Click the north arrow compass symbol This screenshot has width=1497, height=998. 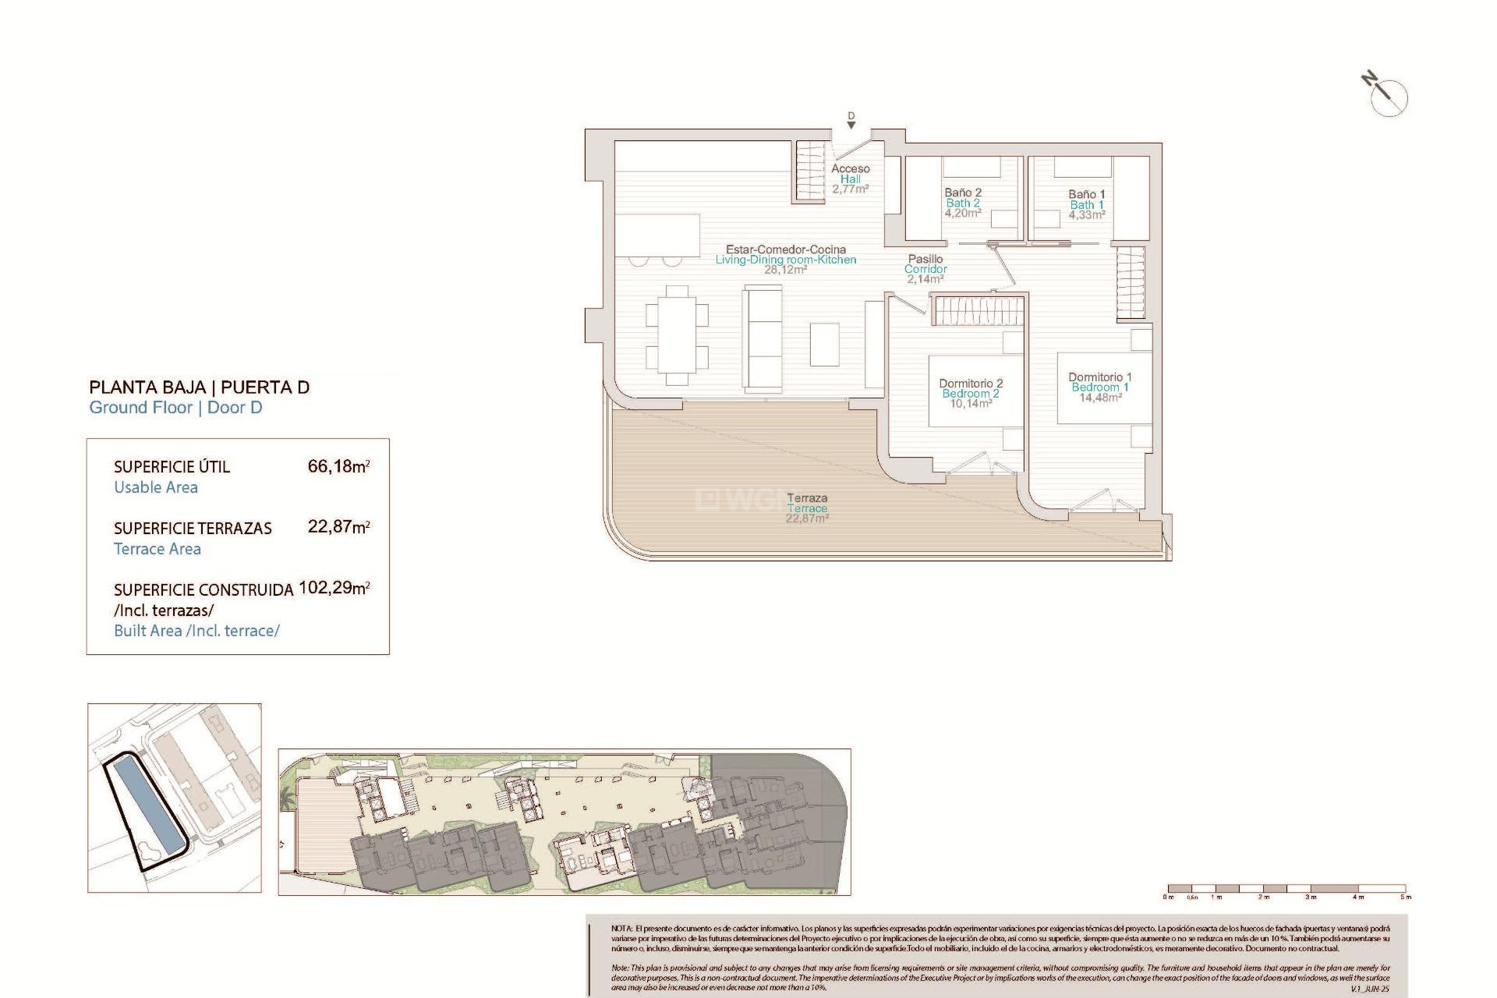1389,97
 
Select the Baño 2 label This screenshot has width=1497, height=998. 963,193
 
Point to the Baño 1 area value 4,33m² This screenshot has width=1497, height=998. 1086,215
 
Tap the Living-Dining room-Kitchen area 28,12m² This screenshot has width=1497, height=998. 785,270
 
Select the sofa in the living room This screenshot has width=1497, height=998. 763,338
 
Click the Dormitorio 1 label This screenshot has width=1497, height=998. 1099,377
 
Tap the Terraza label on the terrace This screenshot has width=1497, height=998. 807,498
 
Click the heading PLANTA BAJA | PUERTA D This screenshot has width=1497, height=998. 199,387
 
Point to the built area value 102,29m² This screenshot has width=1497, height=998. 334,588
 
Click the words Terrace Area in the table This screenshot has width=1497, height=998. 157,549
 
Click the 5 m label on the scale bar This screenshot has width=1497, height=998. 1405,897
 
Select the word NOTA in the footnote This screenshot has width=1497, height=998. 621,929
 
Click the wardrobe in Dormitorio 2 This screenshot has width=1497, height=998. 979,311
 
